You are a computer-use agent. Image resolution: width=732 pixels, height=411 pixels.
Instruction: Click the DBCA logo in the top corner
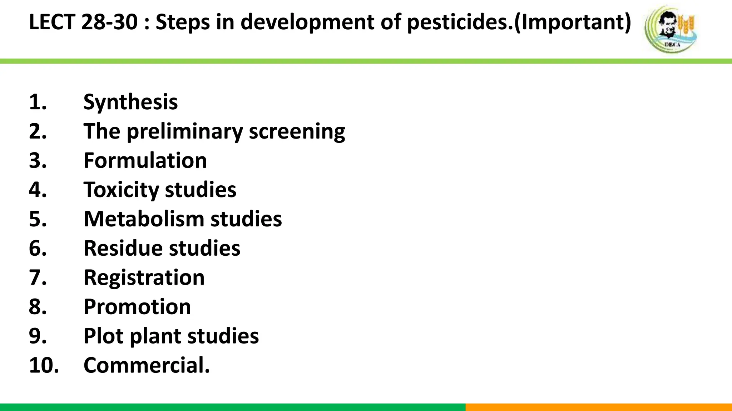pyautogui.click(x=671, y=29)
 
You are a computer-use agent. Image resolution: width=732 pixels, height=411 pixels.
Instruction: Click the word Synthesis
pyautogui.click(x=130, y=102)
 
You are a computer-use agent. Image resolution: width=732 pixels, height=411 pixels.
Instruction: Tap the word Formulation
pyautogui.click(x=145, y=161)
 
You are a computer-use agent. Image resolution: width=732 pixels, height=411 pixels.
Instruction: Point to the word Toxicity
pyautogui.click(x=121, y=190)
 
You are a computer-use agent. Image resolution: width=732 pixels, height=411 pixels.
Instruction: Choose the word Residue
pyautogui.click(x=123, y=248)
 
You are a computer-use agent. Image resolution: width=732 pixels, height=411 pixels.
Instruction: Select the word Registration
pyautogui.click(x=144, y=277)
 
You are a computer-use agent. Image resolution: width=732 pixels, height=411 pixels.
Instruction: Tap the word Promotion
pyautogui.click(x=137, y=307)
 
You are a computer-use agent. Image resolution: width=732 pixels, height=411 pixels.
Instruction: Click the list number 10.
pyautogui.click(x=44, y=365)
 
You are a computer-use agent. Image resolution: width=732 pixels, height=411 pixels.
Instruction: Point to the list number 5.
pyautogui.click(x=38, y=219)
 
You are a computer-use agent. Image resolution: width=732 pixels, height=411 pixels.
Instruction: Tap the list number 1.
pyautogui.click(x=38, y=102)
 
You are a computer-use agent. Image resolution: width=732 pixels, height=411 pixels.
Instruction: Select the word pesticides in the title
pyautogui.click(x=459, y=22)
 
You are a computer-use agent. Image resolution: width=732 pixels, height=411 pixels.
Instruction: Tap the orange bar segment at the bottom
pyautogui.click(x=599, y=407)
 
